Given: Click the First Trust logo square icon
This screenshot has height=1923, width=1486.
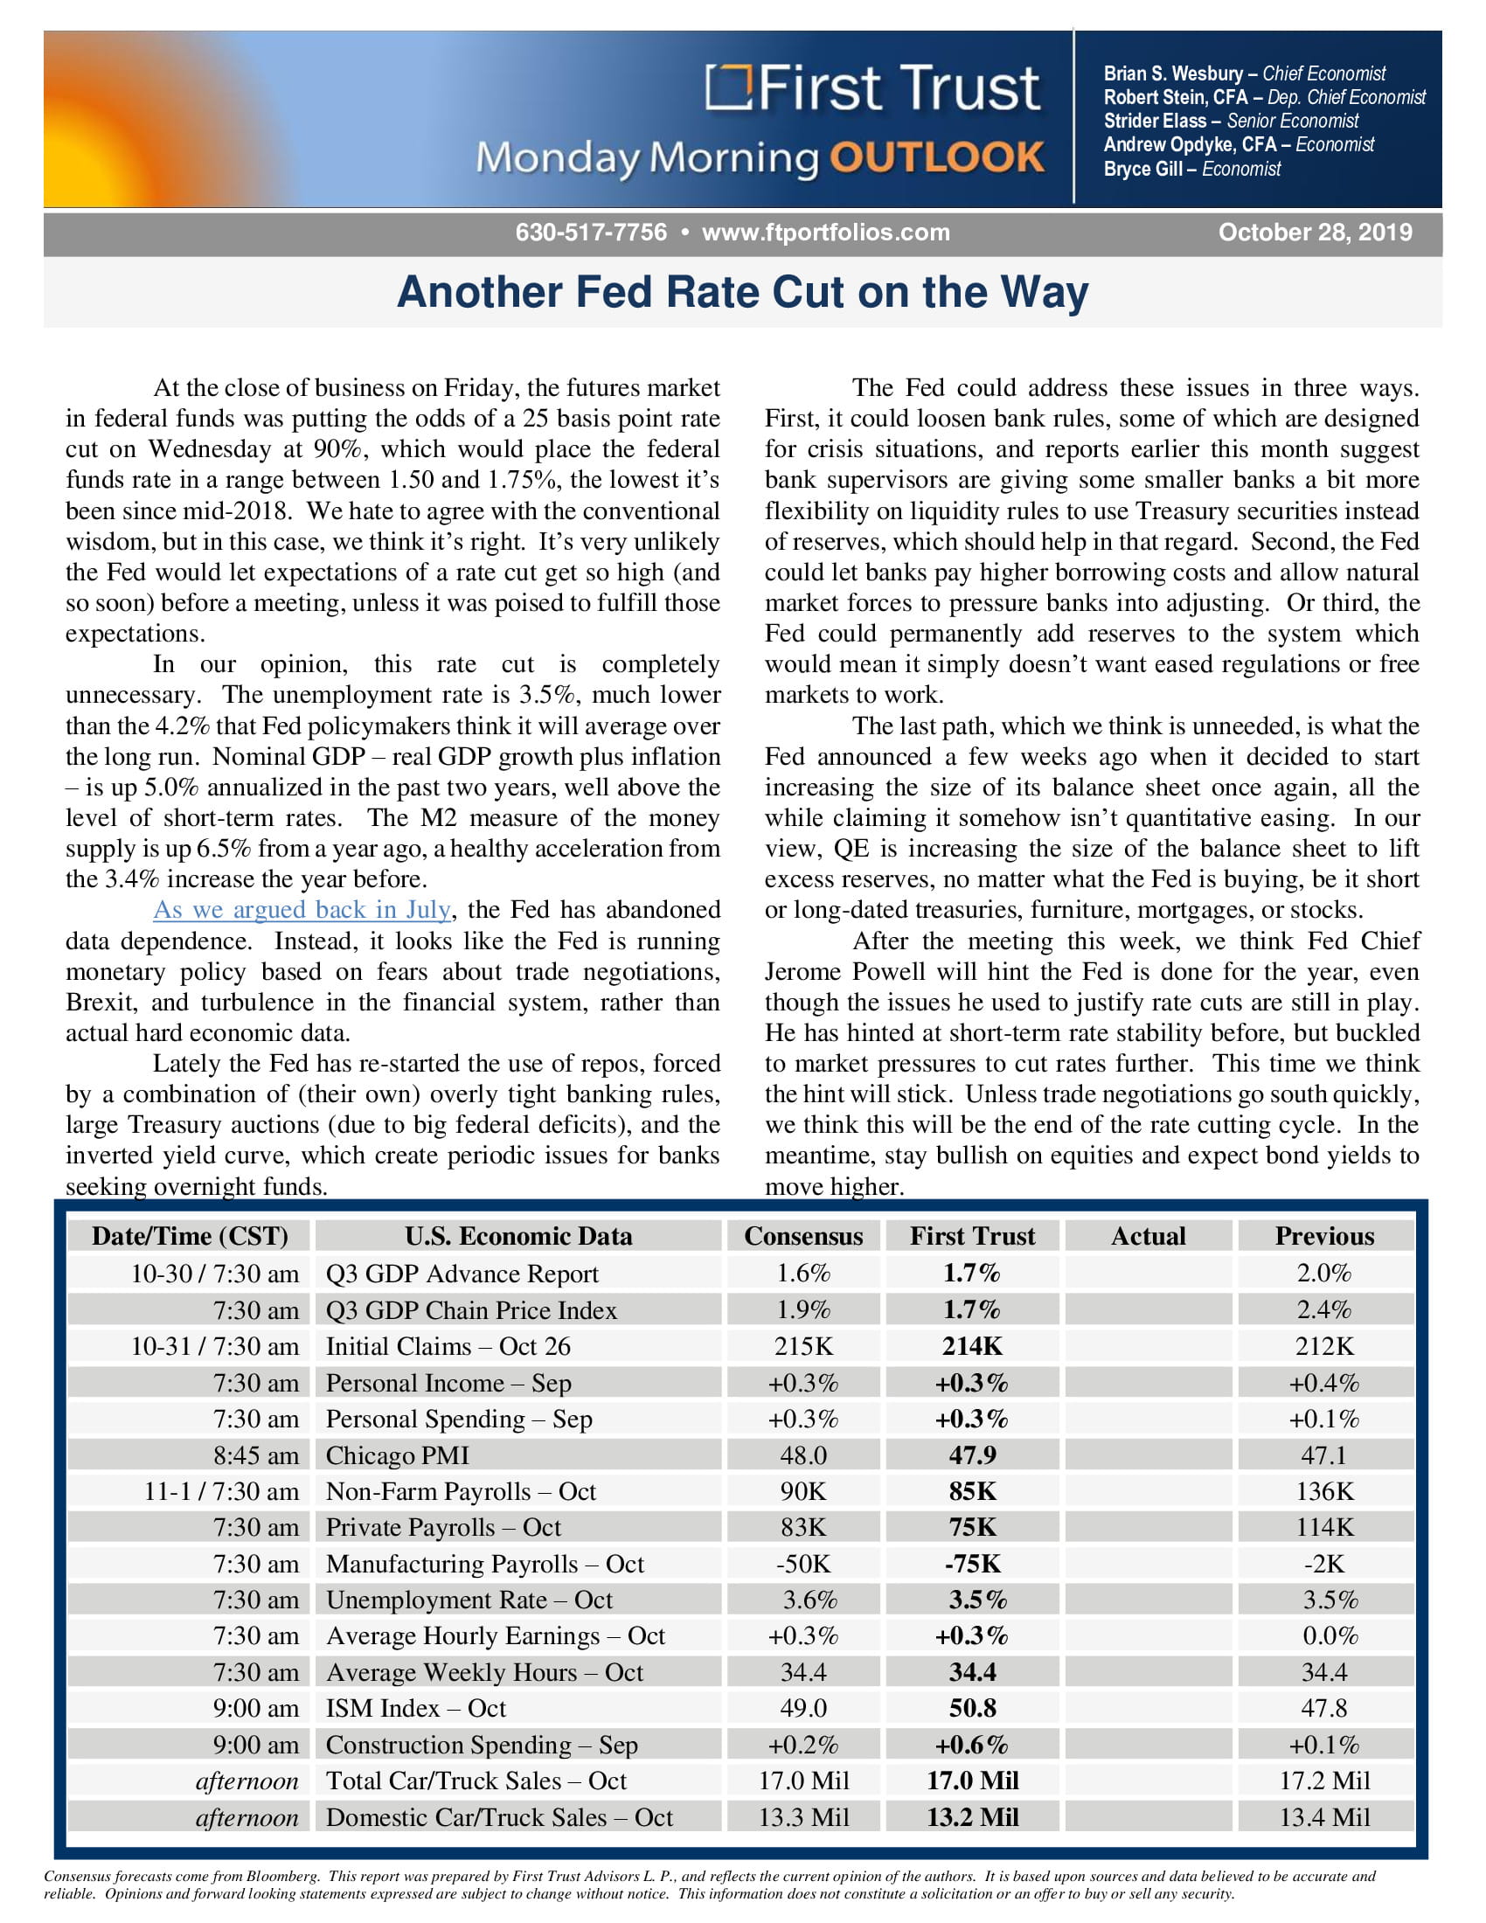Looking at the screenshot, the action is point(729,88).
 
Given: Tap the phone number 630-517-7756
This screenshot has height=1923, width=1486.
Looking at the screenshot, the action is point(591,233).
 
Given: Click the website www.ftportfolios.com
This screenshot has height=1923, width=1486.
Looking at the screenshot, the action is point(826,233).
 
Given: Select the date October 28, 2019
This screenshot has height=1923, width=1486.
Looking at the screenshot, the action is point(1316,233).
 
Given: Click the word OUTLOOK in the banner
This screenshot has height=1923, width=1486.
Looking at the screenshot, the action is point(937,157).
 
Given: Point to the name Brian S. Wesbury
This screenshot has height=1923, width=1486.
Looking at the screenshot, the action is point(1173,74).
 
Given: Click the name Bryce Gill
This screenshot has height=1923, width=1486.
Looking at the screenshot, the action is point(1142,169).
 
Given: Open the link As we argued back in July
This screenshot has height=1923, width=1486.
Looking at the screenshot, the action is point(302,910).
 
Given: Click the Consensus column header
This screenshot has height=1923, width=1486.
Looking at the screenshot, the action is point(803,1236).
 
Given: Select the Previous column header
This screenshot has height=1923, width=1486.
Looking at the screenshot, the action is point(1324,1236).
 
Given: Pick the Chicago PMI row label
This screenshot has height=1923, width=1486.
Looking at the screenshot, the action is point(397,1455).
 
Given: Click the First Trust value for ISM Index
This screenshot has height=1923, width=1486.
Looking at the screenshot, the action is point(973,1708).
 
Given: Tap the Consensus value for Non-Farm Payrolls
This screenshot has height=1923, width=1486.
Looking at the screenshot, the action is point(802,1491).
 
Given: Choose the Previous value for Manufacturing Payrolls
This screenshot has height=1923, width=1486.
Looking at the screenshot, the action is point(1324,1564).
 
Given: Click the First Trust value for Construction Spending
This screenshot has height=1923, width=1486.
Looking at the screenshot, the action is point(972,1745).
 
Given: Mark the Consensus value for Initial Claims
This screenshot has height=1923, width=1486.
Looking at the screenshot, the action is point(803,1346).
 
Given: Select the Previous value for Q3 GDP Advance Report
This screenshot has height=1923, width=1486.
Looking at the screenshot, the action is point(1324,1274).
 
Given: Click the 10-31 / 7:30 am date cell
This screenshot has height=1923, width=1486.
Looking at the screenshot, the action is point(215,1346).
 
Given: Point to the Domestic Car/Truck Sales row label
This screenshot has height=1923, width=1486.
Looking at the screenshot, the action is point(499,1817).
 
